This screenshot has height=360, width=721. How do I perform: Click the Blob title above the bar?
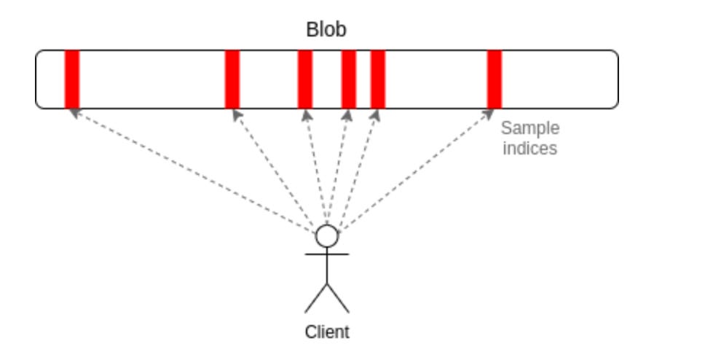click(x=326, y=30)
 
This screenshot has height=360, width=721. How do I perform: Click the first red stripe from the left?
click(x=71, y=79)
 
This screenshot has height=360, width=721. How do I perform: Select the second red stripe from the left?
click(x=232, y=79)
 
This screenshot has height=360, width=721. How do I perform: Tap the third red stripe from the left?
click(x=304, y=79)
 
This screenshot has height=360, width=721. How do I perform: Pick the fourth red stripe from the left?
click(x=348, y=79)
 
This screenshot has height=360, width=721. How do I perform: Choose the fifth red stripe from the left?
click(x=377, y=79)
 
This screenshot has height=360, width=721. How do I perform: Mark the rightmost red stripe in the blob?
click(x=494, y=79)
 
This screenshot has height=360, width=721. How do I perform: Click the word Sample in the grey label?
click(x=530, y=128)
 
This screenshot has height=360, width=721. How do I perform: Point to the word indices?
click(x=530, y=148)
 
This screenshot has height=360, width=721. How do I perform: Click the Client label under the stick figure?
click(x=327, y=332)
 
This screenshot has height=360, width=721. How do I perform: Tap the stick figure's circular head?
click(x=327, y=236)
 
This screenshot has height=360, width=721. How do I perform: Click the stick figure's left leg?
click(x=316, y=298)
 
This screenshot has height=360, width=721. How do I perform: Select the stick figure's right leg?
click(x=339, y=298)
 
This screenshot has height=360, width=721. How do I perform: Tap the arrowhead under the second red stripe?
click(x=234, y=114)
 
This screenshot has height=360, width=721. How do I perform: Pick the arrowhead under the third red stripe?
click(x=306, y=114)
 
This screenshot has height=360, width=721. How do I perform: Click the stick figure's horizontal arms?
click(x=327, y=254)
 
